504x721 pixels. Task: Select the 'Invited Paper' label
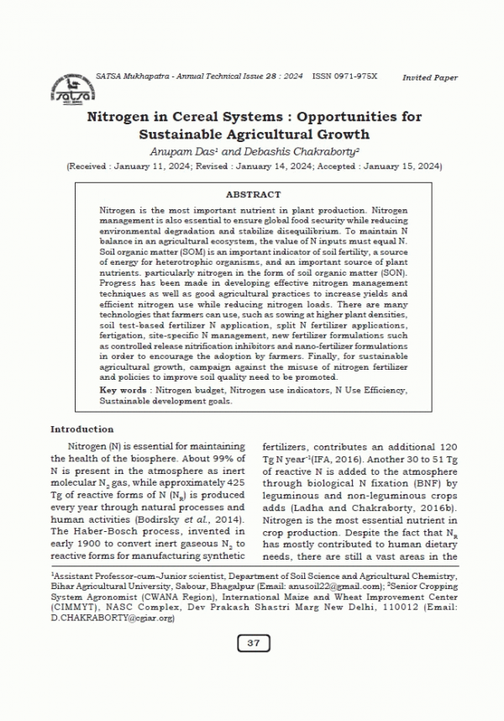(x=429, y=77)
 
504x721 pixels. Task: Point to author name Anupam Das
(x=204, y=151)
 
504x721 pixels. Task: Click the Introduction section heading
(x=82, y=429)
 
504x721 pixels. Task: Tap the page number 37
(x=253, y=643)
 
